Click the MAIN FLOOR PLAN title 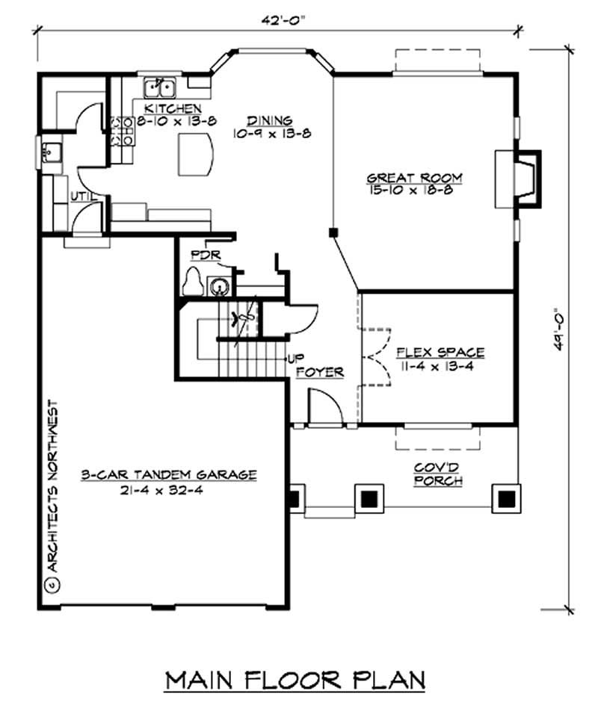pyautogui.click(x=295, y=680)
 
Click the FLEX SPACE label pyautogui.click(x=440, y=352)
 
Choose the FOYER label pyautogui.click(x=320, y=371)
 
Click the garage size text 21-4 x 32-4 pyautogui.click(x=169, y=491)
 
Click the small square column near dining pyautogui.click(x=332, y=232)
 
